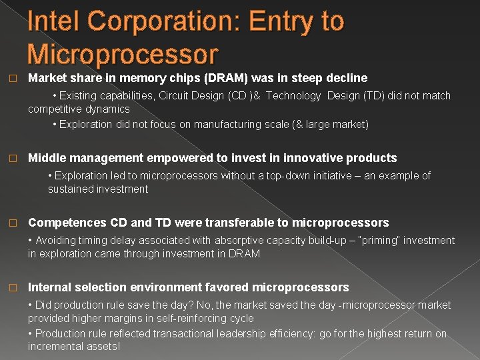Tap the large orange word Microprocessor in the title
[x=123, y=54]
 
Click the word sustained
[x=70, y=189]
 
